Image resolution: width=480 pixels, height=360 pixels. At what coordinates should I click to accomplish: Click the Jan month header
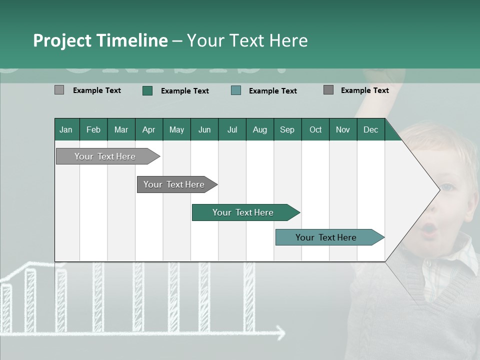tap(66, 130)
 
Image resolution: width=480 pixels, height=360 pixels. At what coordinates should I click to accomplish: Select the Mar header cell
tap(121, 130)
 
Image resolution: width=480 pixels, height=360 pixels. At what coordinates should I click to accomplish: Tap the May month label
tap(176, 130)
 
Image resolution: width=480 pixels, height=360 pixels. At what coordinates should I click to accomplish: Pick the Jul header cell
tap(232, 130)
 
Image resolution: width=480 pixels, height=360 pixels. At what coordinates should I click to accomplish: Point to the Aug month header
tap(260, 130)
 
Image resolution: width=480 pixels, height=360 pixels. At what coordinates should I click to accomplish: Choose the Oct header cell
tap(315, 130)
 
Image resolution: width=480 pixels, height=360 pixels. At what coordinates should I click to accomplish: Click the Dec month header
tap(370, 130)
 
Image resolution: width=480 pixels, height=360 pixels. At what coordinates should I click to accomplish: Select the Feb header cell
tap(93, 130)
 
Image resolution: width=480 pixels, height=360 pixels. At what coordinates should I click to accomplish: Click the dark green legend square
tap(147, 90)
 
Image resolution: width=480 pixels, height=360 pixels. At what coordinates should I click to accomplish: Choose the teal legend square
tap(236, 90)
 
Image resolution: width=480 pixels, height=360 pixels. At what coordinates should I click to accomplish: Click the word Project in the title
tap(62, 40)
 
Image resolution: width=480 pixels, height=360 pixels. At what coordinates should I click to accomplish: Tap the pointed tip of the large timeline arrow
tap(438, 189)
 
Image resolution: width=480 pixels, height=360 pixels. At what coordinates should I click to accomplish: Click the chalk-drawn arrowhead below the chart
tap(280, 332)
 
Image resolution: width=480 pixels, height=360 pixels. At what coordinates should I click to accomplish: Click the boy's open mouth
tap(428, 230)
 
